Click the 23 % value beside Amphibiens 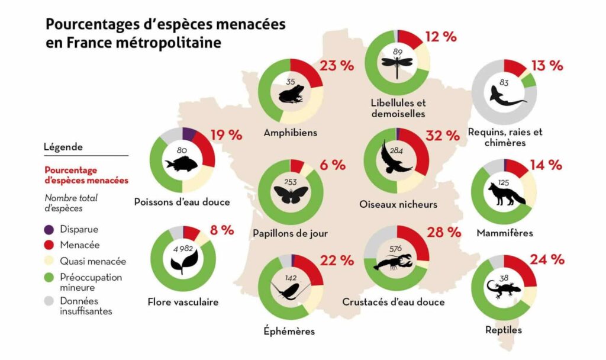tap(336, 66)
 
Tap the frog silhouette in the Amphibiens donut tap(291, 94)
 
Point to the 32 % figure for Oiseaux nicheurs tap(443, 136)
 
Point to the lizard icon tap(504, 288)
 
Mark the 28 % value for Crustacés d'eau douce tap(443, 232)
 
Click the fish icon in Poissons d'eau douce tap(182, 162)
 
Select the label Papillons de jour tap(291, 233)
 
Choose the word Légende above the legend tap(63, 147)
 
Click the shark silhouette tap(504, 96)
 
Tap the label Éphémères tap(290, 332)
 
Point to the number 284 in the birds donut tap(396, 152)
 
